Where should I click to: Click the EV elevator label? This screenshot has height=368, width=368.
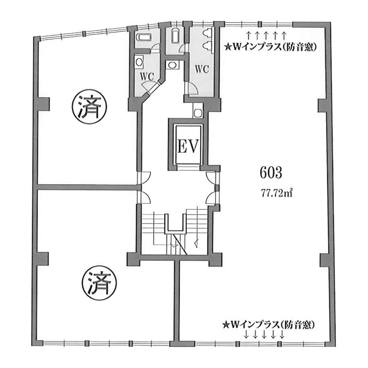(188, 146)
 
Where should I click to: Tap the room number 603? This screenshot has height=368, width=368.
(271, 173)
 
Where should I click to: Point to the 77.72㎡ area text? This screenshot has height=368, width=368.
(277, 194)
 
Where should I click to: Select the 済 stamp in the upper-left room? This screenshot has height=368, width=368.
(89, 107)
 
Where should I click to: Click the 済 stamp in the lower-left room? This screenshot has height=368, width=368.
(100, 283)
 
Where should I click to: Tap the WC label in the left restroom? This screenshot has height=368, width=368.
(147, 77)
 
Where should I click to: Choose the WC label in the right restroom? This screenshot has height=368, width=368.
(202, 69)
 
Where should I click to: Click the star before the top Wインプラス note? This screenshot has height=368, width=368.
(227, 48)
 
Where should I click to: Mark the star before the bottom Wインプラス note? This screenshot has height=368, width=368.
(225, 325)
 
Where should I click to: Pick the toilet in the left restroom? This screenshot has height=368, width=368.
(144, 37)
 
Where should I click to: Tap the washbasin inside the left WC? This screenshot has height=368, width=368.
(139, 62)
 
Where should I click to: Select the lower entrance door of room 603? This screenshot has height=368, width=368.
(212, 198)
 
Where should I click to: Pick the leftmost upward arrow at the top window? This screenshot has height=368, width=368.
(248, 36)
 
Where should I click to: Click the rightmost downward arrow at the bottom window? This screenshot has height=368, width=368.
(282, 334)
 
